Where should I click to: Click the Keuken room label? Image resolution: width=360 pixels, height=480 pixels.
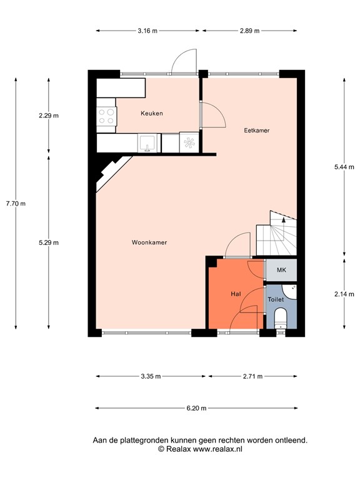(x=151, y=113)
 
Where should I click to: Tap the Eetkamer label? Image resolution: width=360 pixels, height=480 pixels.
(x=256, y=131)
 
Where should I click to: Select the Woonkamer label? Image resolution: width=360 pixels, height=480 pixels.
(x=149, y=242)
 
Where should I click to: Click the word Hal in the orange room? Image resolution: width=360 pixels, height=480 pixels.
(x=236, y=294)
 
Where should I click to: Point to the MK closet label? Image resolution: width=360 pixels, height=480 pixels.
(x=281, y=270)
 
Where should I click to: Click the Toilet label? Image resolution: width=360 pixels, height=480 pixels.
(x=276, y=300)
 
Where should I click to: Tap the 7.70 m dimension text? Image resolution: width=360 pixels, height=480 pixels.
(x=15, y=203)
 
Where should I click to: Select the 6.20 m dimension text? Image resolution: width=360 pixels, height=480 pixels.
(x=197, y=408)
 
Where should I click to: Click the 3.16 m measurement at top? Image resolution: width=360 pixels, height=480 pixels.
(x=147, y=30)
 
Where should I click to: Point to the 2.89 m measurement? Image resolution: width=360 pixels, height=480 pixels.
(x=249, y=30)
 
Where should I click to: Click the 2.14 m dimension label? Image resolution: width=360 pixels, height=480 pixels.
(x=344, y=292)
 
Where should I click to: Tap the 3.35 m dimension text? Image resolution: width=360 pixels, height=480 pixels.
(x=151, y=376)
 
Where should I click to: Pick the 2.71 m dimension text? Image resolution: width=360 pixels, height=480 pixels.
(x=252, y=376)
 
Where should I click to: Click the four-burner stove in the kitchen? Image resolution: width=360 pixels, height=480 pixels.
(x=106, y=116)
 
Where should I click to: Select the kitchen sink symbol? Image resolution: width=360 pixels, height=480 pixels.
(x=147, y=142)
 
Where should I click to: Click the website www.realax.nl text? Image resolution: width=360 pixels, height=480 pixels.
(x=219, y=449)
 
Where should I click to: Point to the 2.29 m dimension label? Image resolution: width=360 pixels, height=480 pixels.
(x=48, y=116)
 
